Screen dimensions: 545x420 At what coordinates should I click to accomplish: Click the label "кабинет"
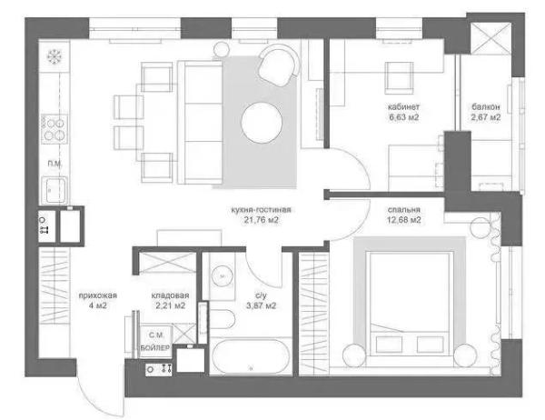point(403,106)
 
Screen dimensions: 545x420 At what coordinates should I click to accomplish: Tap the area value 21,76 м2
point(262,220)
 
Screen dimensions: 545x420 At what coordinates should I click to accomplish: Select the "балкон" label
point(486,106)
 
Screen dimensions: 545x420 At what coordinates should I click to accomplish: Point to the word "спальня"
point(403,209)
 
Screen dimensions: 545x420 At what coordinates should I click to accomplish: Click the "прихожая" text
point(98,295)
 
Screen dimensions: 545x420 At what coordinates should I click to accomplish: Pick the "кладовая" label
point(170,295)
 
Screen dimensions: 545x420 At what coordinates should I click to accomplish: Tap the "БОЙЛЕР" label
point(155,347)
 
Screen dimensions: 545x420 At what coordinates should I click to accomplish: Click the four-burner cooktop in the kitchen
point(54,129)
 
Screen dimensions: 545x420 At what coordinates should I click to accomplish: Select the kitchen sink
point(54,190)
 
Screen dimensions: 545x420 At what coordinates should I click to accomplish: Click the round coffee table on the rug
point(262,122)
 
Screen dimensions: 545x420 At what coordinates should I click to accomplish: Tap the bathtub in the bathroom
point(251,357)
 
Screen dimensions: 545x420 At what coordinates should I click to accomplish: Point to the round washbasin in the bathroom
point(222,276)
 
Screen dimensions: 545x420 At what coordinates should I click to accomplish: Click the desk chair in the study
point(399,78)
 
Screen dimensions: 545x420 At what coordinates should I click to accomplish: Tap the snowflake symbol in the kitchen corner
point(54,56)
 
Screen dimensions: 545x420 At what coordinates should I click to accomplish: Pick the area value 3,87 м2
point(262,305)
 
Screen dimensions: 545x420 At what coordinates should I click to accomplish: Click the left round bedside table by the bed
point(354,355)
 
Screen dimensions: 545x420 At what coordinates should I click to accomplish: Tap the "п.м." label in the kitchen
point(55,164)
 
